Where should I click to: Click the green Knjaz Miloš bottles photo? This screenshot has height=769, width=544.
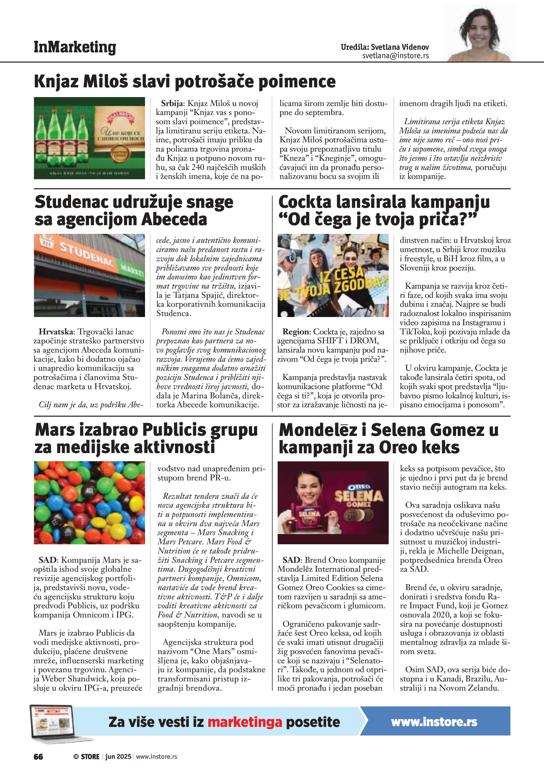pyautogui.click(x=89, y=138)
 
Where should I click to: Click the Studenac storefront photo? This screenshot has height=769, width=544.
pyautogui.click(x=89, y=275)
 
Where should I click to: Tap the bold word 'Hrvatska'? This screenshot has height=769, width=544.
pyautogui.click(x=58, y=331)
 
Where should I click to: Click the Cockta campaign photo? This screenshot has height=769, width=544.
pyautogui.click(x=333, y=275)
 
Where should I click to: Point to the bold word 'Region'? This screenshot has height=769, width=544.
pyautogui.click(x=296, y=331)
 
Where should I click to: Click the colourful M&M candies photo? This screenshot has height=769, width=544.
pyautogui.click(x=89, y=502)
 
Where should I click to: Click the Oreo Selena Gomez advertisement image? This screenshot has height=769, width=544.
pyautogui.click(x=333, y=502)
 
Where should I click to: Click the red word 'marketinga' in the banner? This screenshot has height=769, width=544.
pyautogui.click(x=245, y=722)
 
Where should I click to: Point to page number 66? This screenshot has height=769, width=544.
pyautogui.click(x=38, y=757)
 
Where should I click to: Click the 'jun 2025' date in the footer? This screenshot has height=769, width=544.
pyautogui.click(x=118, y=757)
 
